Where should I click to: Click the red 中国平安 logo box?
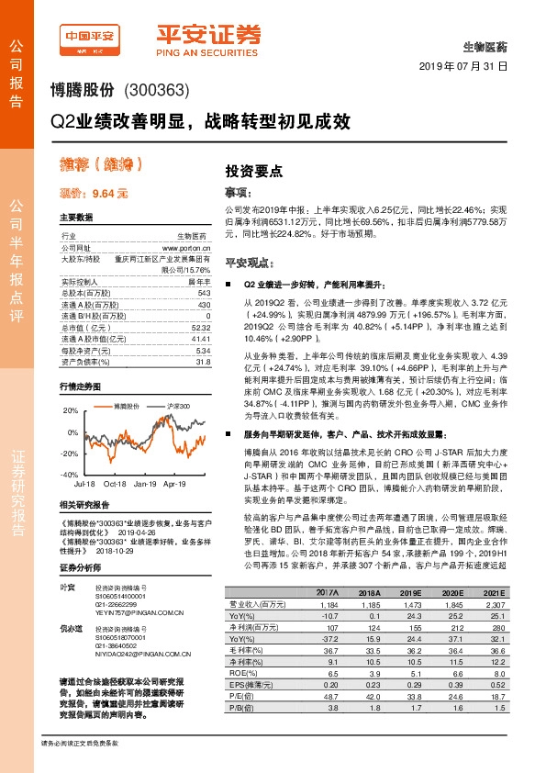[89, 37]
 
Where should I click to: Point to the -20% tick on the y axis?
[69, 454]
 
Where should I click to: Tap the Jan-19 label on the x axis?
[145, 483]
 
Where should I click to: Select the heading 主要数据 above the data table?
[75, 218]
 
